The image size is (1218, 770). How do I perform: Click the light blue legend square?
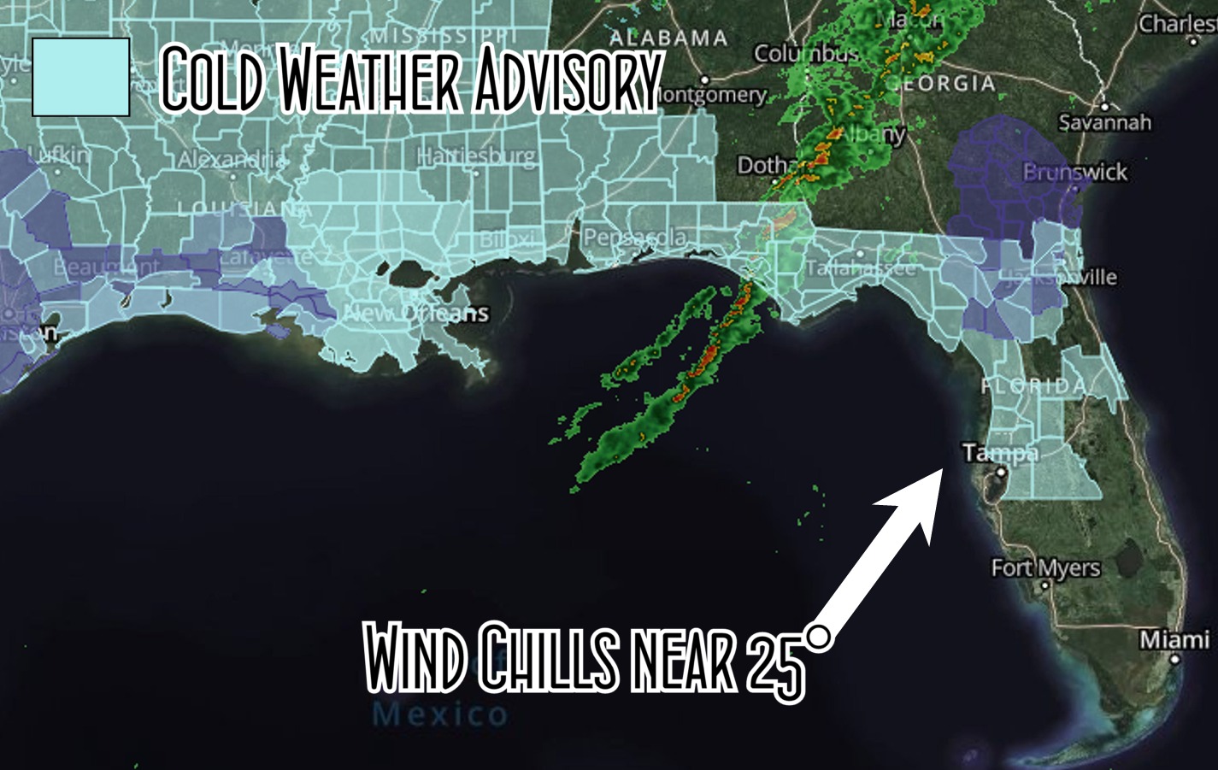click(x=80, y=77)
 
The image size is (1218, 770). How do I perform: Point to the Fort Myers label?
click(x=1045, y=567)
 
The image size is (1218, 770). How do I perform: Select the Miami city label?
click(x=1174, y=639)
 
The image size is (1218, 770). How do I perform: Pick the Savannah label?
click(x=1104, y=122)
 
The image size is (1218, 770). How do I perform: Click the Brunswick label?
click(x=1075, y=172)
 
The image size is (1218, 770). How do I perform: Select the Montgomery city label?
click(x=712, y=95)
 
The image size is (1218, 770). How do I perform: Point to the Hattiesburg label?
click(x=476, y=157)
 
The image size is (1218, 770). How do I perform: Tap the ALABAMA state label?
click(x=668, y=38)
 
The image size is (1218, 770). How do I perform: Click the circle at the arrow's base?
click(x=818, y=637)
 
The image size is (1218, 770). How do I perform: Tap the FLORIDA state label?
click(x=1033, y=385)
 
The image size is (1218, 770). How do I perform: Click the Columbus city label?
click(x=805, y=54)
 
